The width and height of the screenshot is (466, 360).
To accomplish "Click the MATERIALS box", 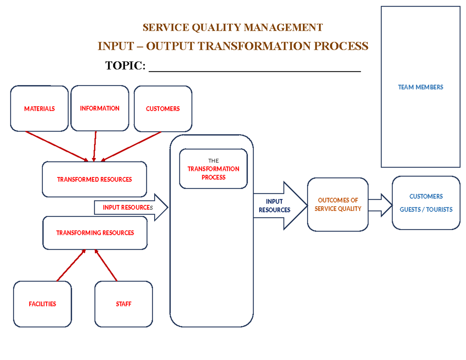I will point(39,109).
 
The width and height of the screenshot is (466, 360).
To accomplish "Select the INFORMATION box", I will point(100,108).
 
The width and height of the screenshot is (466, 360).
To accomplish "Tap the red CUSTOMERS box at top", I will point(163,109).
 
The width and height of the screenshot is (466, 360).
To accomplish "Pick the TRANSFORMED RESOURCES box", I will point(94,179).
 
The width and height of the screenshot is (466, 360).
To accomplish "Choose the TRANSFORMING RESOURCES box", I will point(95,233).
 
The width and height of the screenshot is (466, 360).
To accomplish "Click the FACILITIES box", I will point(42,304).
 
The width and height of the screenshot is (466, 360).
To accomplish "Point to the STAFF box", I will point(123,304).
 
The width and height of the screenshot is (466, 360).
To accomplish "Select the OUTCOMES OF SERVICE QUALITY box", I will point(337,205).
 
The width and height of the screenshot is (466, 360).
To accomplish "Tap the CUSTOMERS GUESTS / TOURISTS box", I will point(426,203).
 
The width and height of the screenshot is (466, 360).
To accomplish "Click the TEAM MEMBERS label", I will point(420,87).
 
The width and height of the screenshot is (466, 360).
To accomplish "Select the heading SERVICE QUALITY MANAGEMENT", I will point(233,28).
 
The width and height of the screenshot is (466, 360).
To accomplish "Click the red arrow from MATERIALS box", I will point(57,146).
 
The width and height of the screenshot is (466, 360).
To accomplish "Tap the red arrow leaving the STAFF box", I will point(106,265).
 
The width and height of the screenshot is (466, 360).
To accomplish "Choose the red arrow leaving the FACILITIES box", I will point(71,265).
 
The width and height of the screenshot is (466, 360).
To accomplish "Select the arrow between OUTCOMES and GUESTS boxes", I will point(380,205).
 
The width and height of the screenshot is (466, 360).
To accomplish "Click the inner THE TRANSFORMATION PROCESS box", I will point(213,169).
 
